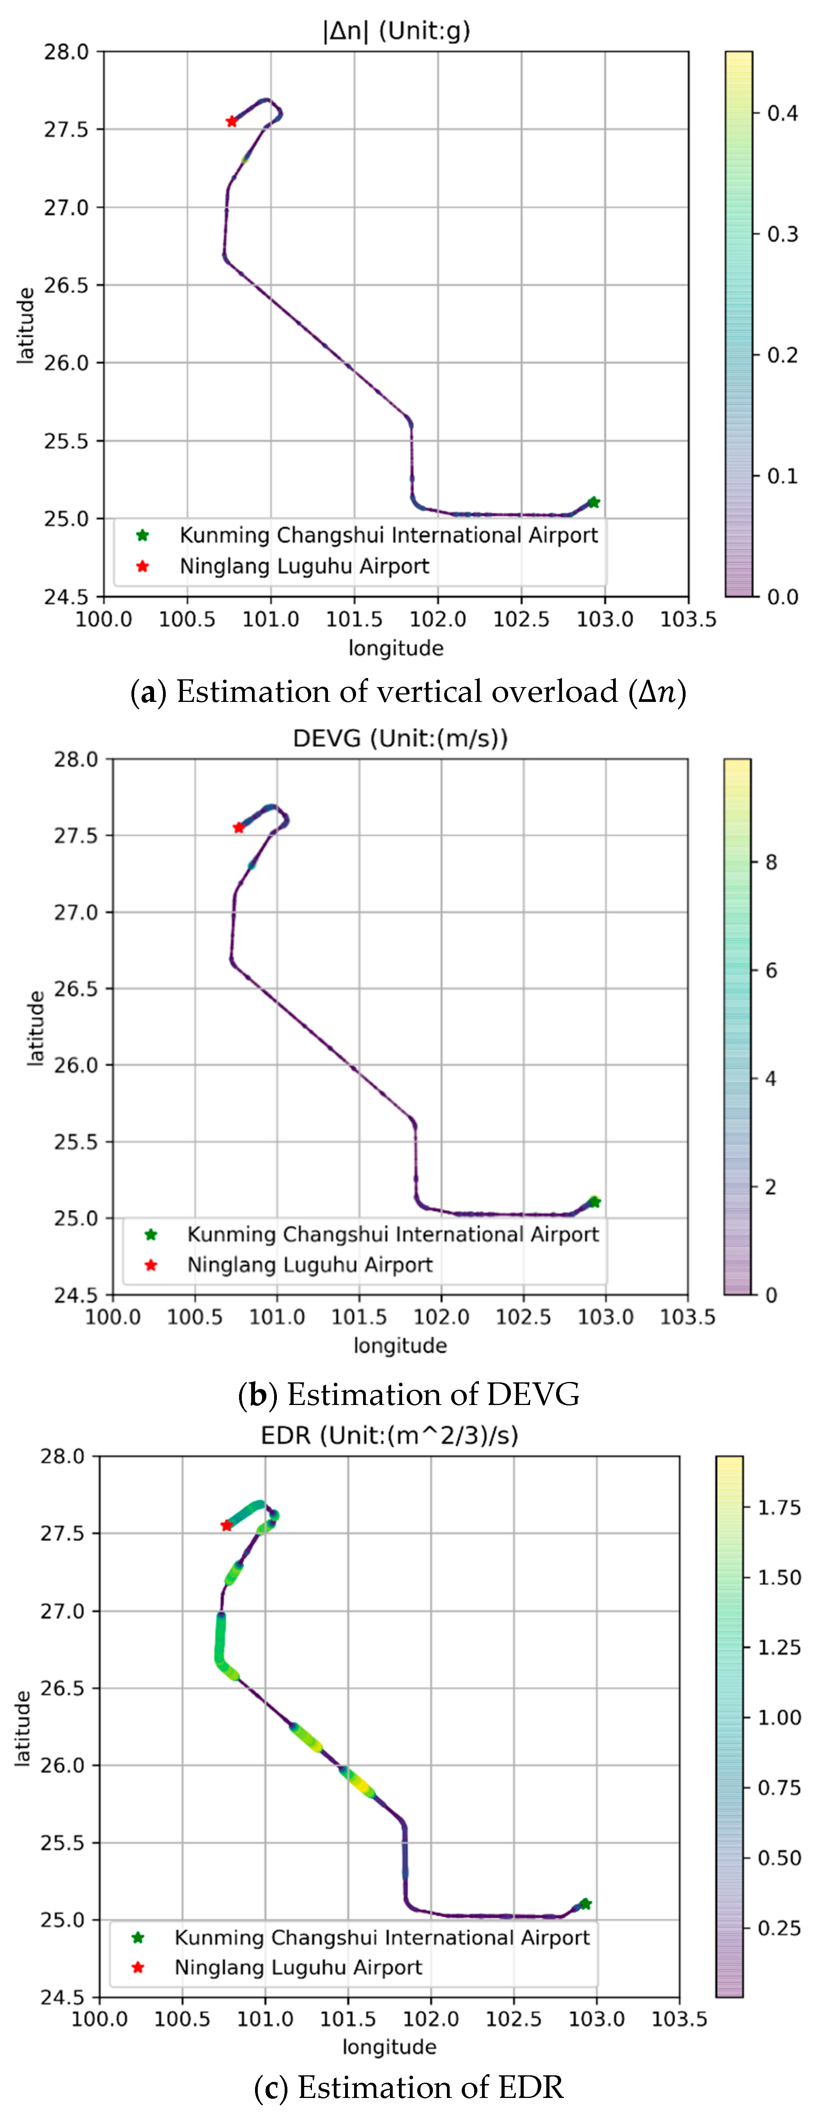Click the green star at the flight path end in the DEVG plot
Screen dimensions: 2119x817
click(594, 1202)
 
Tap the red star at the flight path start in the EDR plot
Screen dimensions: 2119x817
click(226, 1525)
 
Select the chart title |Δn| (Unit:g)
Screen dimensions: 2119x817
click(396, 31)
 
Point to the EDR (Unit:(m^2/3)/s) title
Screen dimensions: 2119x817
click(389, 1435)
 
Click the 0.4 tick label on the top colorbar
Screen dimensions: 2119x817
click(782, 113)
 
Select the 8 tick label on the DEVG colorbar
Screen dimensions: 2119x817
click(771, 862)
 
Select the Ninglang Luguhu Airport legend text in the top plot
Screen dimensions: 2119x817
click(305, 566)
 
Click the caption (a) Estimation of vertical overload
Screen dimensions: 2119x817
click(408, 692)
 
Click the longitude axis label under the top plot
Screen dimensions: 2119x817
click(396, 648)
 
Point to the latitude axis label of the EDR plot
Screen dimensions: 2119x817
click(23, 1727)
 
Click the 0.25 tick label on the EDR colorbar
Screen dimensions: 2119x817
click(778, 1927)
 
